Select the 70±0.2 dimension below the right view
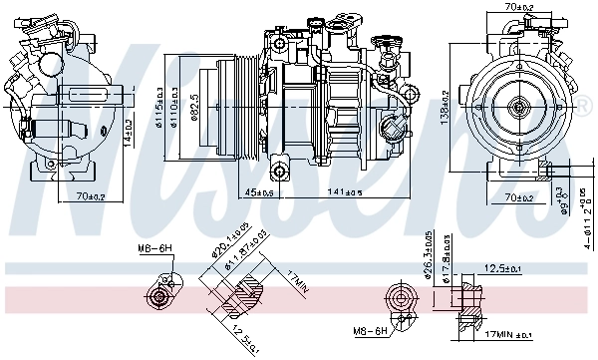coord(517,197)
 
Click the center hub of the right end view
coord(518,106)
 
